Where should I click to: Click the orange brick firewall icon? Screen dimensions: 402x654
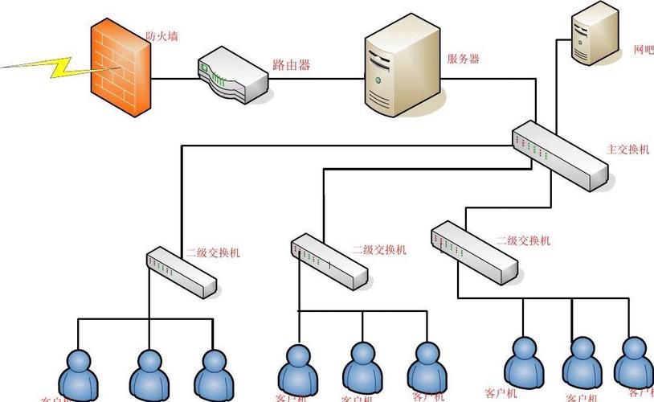[120, 68]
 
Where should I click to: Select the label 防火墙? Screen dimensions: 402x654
[161, 35]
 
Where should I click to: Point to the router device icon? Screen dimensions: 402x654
[233, 76]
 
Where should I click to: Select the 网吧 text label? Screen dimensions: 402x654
[643, 50]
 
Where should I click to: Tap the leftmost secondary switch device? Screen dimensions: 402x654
[182, 272]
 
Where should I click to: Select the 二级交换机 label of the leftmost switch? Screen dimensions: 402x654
[213, 253]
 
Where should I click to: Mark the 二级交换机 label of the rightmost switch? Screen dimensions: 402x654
[523, 240]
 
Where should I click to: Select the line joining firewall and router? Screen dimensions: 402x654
[176, 79]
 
